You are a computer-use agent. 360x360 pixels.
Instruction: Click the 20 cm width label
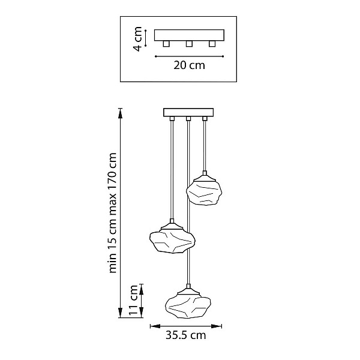(x=189, y=65)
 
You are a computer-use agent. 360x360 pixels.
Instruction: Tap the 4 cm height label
(x=138, y=39)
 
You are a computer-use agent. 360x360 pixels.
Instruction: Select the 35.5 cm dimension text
(x=186, y=335)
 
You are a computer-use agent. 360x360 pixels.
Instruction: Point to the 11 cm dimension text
(x=133, y=301)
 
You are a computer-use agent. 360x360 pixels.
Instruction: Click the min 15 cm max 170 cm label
(x=113, y=213)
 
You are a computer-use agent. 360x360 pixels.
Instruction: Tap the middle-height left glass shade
(x=172, y=242)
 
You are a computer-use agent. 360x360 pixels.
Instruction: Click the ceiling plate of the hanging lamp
(x=188, y=113)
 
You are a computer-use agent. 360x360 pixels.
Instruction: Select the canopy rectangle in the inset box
(x=189, y=35)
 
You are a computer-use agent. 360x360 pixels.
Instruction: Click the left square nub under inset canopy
(x=166, y=44)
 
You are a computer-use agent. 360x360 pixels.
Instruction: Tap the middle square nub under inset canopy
(x=189, y=44)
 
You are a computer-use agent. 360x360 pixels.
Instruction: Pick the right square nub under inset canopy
(x=212, y=44)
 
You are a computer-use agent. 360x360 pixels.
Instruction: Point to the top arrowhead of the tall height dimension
(x=120, y=113)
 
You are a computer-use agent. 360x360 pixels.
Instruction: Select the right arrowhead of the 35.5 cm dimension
(x=217, y=326)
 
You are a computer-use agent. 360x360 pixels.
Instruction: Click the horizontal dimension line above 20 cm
(x=189, y=56)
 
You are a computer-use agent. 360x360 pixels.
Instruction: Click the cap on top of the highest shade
(x=205, y=176)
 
